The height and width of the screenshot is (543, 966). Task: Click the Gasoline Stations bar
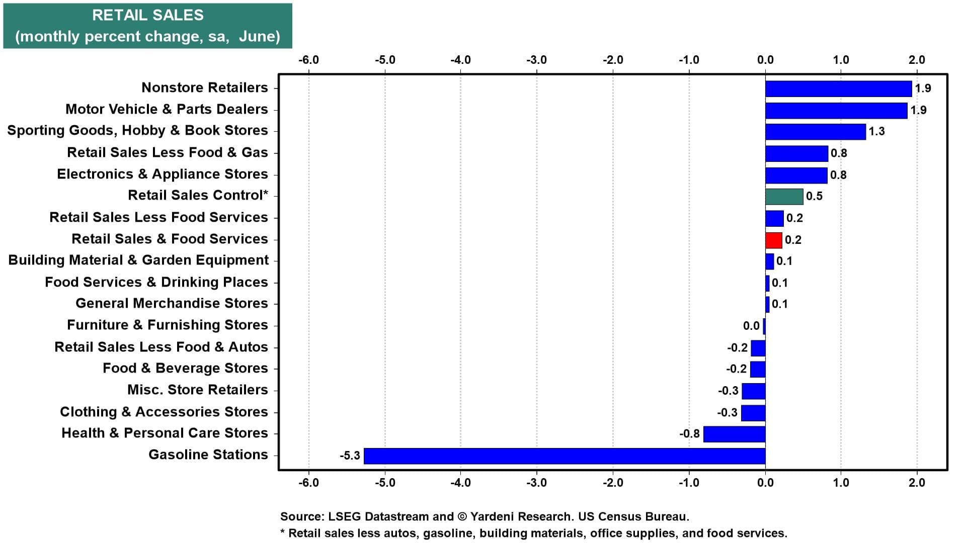(565, 456)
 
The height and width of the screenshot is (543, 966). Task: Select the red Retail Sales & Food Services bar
(774, 240)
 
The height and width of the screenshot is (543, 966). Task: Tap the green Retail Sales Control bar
(784, 197)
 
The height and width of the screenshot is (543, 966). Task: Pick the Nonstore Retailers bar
(839, 88)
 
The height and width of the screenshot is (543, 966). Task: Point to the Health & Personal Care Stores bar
(735, 434)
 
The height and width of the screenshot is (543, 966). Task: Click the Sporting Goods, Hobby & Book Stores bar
(816, 132)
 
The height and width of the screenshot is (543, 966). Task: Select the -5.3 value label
(350, 456)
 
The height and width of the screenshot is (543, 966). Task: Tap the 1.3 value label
(876, 131)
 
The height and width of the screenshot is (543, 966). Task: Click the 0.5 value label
(814, 196)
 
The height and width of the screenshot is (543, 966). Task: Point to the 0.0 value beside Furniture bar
(751, 326)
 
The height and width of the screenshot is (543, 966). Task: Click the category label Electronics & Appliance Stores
(163, 174)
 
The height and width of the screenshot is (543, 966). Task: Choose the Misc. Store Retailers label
(198, 390)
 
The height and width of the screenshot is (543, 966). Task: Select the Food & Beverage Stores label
(185, 368)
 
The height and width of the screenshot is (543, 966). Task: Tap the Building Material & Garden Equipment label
(139, 260)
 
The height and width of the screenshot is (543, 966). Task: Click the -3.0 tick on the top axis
(536, 60)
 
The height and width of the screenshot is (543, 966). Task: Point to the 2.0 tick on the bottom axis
(917, 483)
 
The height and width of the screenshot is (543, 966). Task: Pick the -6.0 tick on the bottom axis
(308, 483)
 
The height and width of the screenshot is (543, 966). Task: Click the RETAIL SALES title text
(148, 15)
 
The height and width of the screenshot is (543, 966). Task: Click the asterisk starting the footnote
(283, 531)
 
